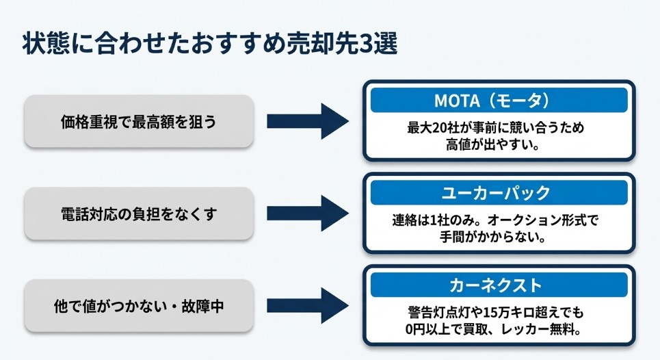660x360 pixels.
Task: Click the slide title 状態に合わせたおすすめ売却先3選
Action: point(210,42)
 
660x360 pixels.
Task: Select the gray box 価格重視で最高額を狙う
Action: point(139,121)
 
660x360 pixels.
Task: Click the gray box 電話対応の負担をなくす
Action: point(139,214)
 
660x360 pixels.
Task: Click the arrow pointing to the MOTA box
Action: point(307,121)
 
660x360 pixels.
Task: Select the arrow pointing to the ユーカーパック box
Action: point(307,214)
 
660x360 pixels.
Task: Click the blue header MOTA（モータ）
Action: point(499,101)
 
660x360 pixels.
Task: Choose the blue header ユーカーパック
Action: point(499,193)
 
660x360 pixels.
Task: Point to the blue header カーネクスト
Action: point(499,284)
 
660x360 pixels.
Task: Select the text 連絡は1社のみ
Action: point(428,222)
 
